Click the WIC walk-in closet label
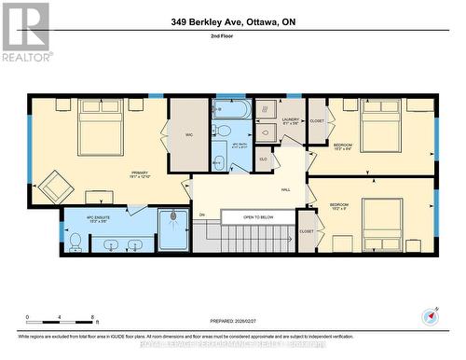(x=188, y=135)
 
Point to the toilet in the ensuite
(x=75, y=242)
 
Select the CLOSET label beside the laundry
(x=317, y=120)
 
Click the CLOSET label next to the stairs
(x=307, y=230)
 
